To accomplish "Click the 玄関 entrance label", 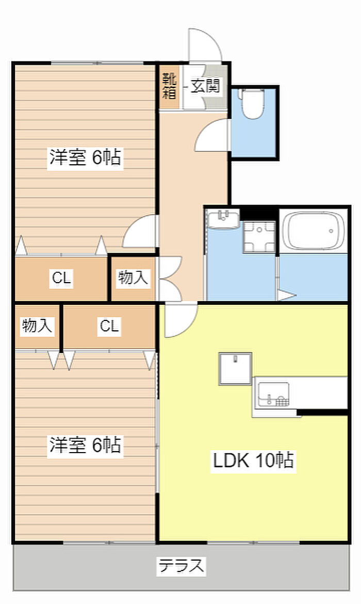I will tap(206, 86).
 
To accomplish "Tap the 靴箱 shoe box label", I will tap(170, 86).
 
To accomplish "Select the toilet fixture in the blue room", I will tap(252, 104).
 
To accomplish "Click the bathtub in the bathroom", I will tap(315, 230).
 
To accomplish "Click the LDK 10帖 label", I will tap(254, 459).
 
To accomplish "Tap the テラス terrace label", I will tap(181, 566).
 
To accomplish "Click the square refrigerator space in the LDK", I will tap(235, 369).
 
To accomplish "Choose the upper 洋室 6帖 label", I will tap(85, 157).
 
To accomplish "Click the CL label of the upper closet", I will tap(61, 278).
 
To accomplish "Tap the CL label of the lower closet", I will tap(109, 326).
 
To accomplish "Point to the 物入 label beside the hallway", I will tap(133, 278).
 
